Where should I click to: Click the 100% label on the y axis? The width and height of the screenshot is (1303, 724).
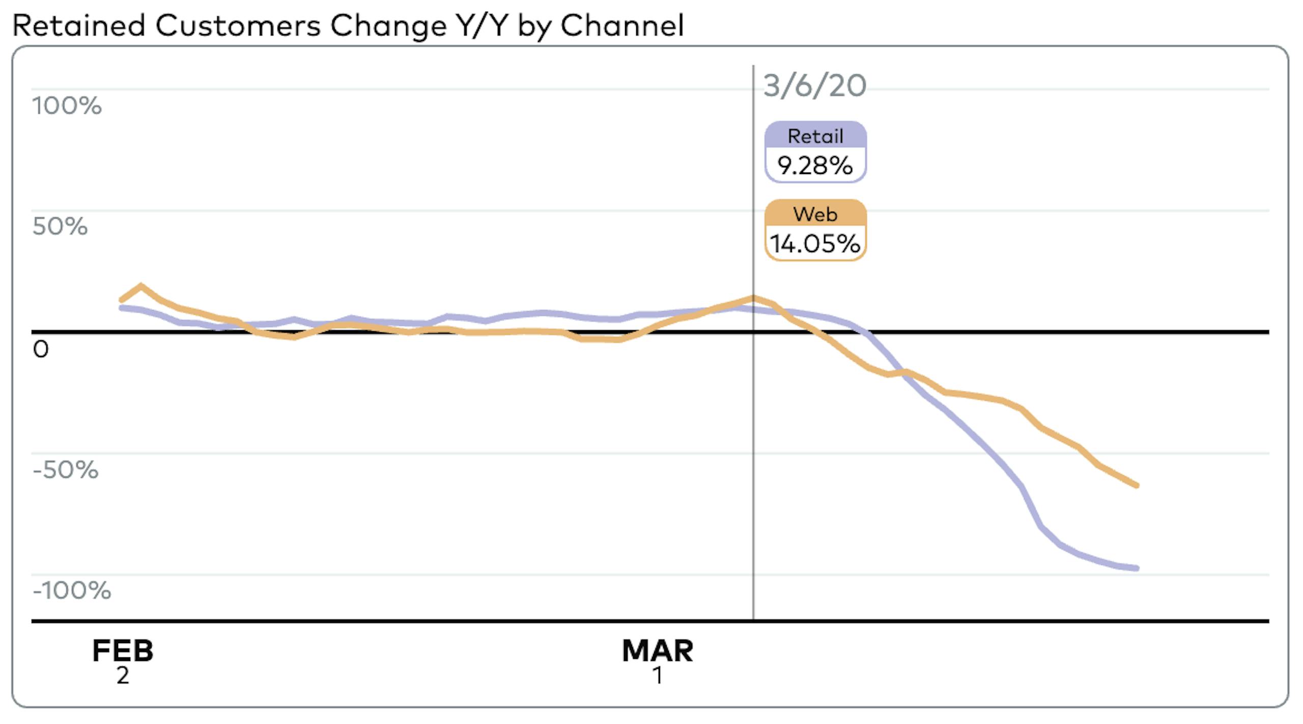[x=67, y=106]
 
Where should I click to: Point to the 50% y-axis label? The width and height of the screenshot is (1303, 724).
[x=60, y=226]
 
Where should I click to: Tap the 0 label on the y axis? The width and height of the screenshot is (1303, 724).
[x=41, y=350]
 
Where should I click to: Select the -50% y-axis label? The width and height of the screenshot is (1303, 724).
[x=66, y=470]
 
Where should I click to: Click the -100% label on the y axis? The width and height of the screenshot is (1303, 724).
[x=72, y=591]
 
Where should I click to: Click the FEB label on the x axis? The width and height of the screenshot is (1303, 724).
[x=123, y=651]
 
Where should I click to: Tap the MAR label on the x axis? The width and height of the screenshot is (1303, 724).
[x=658, y=651]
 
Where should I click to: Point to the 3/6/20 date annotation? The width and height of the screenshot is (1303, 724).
[x=814, y=85]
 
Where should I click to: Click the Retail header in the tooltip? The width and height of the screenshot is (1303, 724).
[x=815, y=136]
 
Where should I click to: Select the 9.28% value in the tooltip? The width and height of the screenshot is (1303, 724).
[x=815, y=165]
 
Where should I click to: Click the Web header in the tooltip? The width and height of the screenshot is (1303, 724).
[x=815, y=214]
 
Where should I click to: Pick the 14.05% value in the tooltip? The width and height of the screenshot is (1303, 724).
[x=815, y=244]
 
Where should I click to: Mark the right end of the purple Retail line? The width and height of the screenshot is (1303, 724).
[x=1137, y=568]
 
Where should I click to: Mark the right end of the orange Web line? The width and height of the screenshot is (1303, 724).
[x=1137, y=485]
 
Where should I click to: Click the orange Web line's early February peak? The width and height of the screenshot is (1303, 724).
[x=140, y=286]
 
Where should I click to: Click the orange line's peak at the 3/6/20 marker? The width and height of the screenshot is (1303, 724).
[x=753, y=297]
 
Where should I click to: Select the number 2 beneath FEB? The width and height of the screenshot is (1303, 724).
[x=123, y=676]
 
